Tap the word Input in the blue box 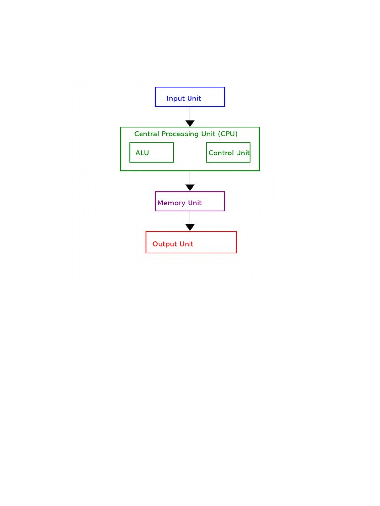click(176, 99)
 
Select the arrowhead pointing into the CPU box click(190, 123)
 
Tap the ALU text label click(142, 153)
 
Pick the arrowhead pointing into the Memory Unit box click(190, 188)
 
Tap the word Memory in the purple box click(171, 203)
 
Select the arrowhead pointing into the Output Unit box click(190, 227)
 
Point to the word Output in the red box click(165, 244)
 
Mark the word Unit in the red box click(187, 244)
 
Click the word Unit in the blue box click(194, 98)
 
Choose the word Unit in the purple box click(195, 203)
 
